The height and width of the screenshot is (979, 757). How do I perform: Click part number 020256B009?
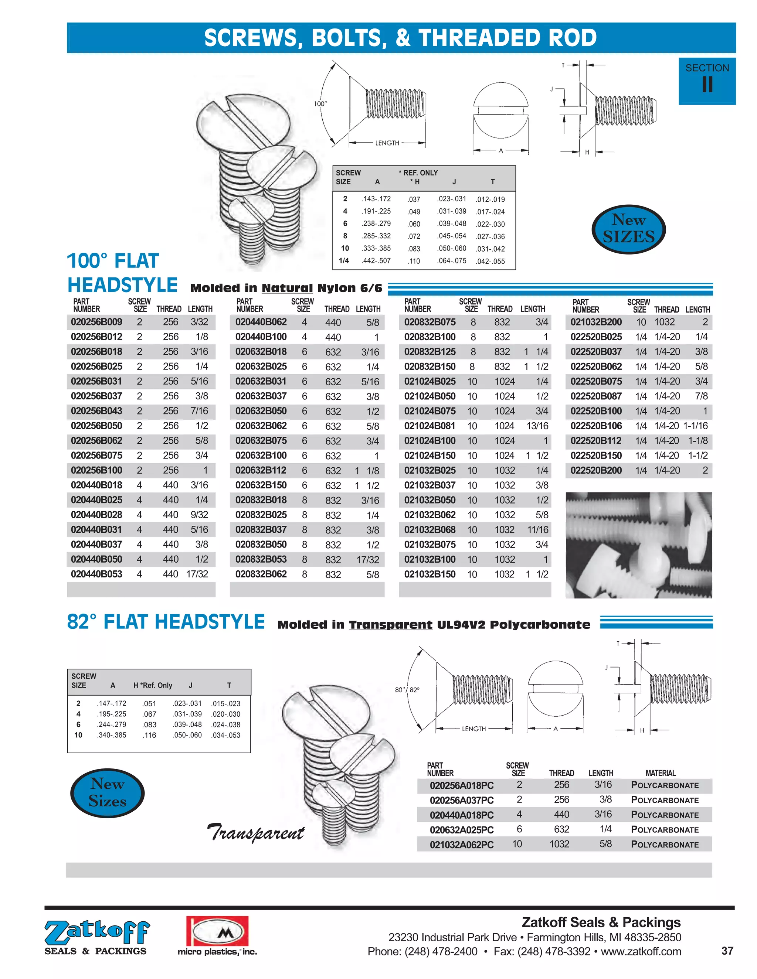tap(96, 322)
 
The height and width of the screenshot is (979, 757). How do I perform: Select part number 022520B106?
tap(596, 426)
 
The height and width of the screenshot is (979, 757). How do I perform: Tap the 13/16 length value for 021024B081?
tap(537, 426)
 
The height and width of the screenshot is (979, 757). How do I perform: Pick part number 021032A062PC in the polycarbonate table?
tap(461, 845)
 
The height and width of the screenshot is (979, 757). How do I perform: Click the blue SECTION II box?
tap(707, 81)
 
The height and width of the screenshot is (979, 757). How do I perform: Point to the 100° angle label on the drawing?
tap(320, 103)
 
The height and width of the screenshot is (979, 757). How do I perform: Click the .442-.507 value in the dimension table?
tap(376, 261)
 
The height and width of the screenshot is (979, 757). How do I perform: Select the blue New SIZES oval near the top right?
tap(628, 229)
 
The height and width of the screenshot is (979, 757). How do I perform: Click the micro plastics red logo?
tap(217, 931)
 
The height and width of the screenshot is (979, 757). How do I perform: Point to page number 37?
tap(727, 951)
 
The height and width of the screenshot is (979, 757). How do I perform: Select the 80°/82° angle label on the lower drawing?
tap(407, 690)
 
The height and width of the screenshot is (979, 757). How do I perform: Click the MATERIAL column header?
tap(660, 773)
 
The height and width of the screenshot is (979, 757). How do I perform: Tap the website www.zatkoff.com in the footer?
tap(641, 952)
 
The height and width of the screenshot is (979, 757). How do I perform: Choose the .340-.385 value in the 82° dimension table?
tap(111, 735)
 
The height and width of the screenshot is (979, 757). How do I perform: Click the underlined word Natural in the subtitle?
tap(287, 288)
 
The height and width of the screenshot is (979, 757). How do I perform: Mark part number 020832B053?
tap(261, 559)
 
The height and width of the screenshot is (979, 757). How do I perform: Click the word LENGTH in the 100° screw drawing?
tap(387, 143)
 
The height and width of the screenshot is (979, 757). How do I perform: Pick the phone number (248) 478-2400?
tap(441, 952)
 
